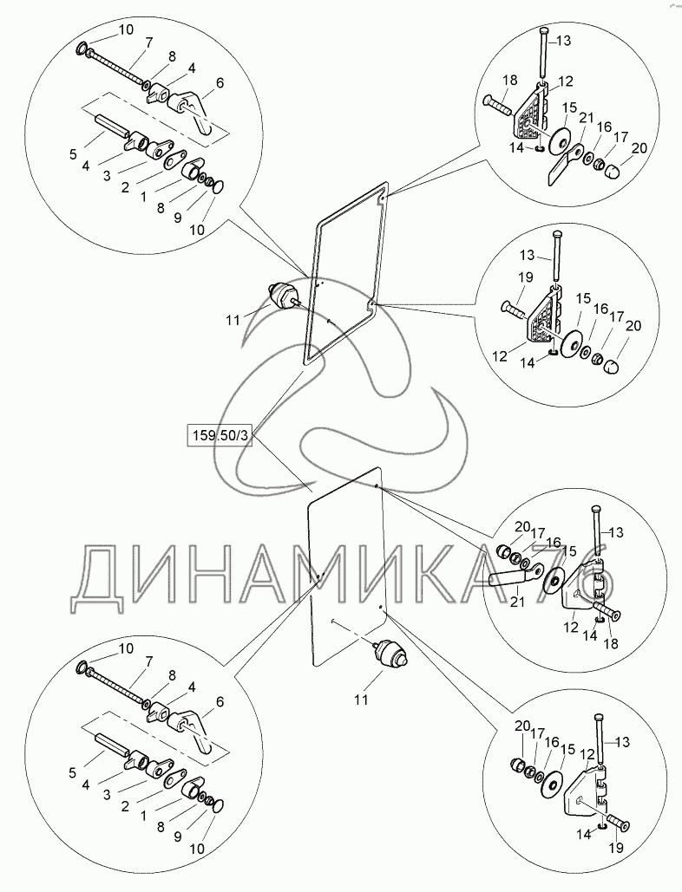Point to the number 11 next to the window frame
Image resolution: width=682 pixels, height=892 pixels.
(x=233, y=321)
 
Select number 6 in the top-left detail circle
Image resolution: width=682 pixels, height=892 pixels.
(x=220, y=82)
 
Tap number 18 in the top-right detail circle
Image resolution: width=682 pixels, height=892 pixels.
(x=509, y=80)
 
